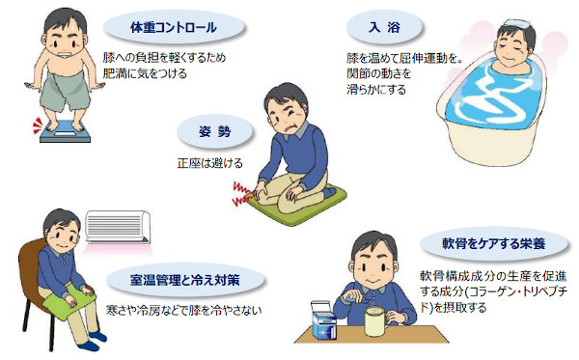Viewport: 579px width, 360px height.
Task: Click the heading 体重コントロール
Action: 174,27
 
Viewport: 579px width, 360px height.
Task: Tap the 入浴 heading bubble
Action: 384,27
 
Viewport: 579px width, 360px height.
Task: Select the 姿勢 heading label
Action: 214,131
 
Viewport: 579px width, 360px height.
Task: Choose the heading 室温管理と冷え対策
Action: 185,280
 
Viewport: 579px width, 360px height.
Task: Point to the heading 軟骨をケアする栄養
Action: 494,243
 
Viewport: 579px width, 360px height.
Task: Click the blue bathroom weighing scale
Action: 65,132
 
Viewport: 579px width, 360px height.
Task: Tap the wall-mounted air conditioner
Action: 118,227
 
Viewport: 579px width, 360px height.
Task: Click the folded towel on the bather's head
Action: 519,23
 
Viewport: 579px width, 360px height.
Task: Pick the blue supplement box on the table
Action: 324,320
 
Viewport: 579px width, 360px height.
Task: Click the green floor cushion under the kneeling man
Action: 295,205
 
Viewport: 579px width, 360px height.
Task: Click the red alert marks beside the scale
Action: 38,125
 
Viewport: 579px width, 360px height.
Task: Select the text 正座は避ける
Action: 209,163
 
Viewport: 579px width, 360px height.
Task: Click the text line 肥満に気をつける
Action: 145,73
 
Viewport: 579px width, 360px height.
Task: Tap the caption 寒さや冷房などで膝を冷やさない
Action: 184,310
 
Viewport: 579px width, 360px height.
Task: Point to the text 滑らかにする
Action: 376,90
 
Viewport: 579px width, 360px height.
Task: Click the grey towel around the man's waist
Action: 67,91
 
